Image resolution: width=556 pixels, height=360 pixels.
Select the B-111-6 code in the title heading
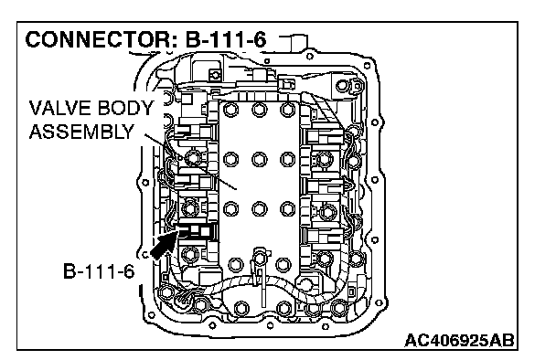click(226, 39)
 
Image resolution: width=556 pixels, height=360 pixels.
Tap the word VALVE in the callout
click(59, 108)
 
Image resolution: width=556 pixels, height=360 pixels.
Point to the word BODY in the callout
click(124, 108)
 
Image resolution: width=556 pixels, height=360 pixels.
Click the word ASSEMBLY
click(81, 132)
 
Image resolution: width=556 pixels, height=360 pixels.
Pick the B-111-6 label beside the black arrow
click(99, 271)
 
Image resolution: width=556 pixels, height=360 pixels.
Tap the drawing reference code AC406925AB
click(459, 341)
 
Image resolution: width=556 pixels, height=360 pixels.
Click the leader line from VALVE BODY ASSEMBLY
click(190, 162)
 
